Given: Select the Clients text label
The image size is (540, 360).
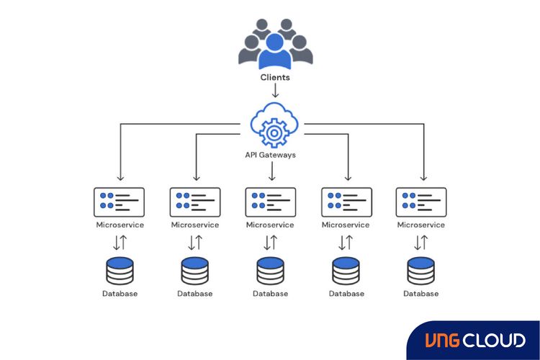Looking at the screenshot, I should [x=275, y=77].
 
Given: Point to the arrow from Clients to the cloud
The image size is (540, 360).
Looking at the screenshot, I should [x=275, y=91].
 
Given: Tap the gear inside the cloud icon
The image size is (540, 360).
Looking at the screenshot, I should [x=272, y=132].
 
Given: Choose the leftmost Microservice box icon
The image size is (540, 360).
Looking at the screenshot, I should [x=120, y=202].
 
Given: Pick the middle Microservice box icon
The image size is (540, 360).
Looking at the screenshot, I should [x=270, y=202].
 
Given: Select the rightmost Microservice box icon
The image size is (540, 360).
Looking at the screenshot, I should [x=421, y=202].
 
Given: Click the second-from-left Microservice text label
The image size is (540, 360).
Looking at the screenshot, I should [x=195, y=225].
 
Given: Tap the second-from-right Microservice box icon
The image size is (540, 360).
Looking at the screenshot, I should [x=346, y=202].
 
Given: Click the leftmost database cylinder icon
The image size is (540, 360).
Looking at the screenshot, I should [x=120, y=271].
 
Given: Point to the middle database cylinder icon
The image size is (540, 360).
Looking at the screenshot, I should [x=271, y=271].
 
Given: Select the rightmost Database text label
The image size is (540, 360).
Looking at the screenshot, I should [x=421, y=293].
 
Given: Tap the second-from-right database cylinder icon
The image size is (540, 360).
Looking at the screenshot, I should [x=346, y=271].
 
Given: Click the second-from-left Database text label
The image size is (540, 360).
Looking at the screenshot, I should [x=195, y=293].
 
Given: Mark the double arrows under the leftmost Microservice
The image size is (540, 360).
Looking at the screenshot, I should [x=120, y=243].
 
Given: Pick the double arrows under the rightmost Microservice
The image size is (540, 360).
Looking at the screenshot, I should [x=421, y=243].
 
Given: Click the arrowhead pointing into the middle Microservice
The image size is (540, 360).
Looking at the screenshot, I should [x=271, y=179].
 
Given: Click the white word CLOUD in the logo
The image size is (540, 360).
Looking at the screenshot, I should [x=495, y=340].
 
